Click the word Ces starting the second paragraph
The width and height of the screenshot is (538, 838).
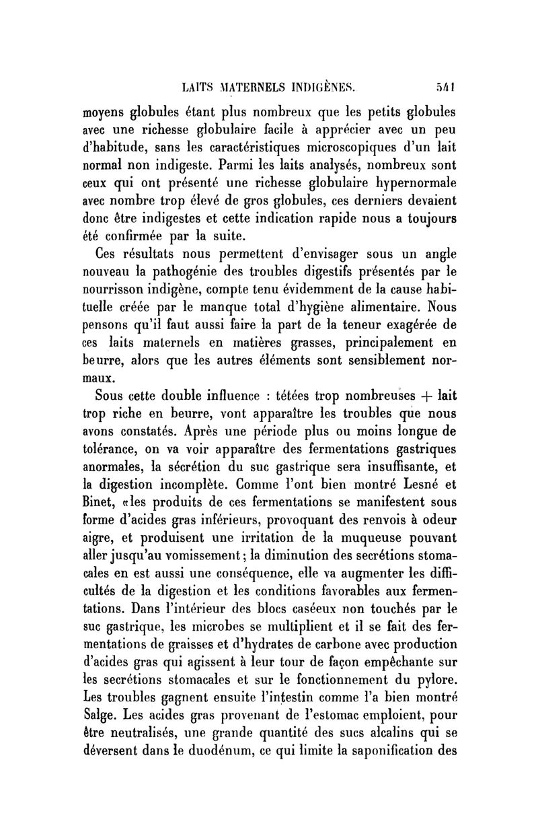[x=110, y=255]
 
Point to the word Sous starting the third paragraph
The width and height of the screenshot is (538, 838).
[x=113, y=394]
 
